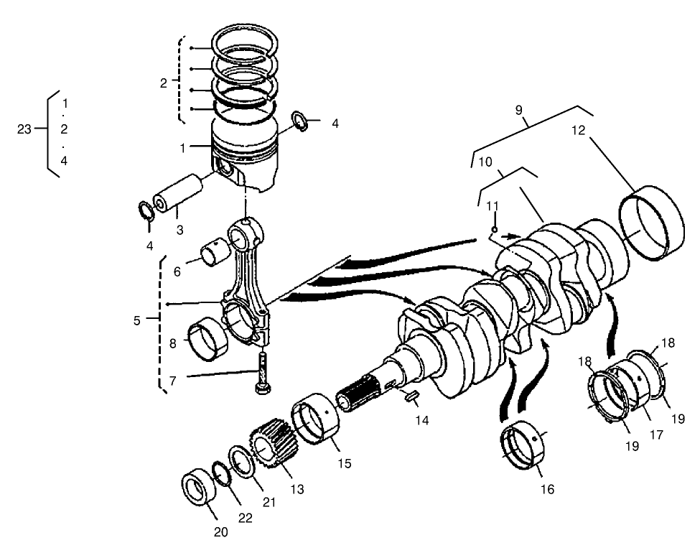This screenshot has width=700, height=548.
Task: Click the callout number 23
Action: click(24, 129)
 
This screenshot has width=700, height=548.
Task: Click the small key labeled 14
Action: click(412, 395)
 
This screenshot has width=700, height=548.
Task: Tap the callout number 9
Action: click(519, 110)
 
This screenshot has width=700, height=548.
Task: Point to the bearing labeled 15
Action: click(316, 419)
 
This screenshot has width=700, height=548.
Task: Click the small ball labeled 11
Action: click(493, 231)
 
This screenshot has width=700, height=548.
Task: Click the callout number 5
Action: click(137, 320)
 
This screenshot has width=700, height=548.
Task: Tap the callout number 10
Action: click(485, 162)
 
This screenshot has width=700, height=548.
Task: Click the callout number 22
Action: click(246, 519)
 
